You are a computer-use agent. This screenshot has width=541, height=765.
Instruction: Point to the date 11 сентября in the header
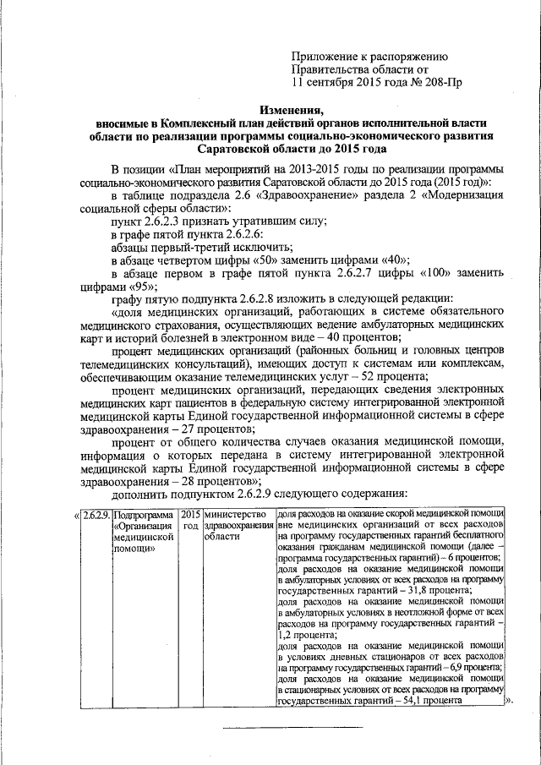pos(326,83)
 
